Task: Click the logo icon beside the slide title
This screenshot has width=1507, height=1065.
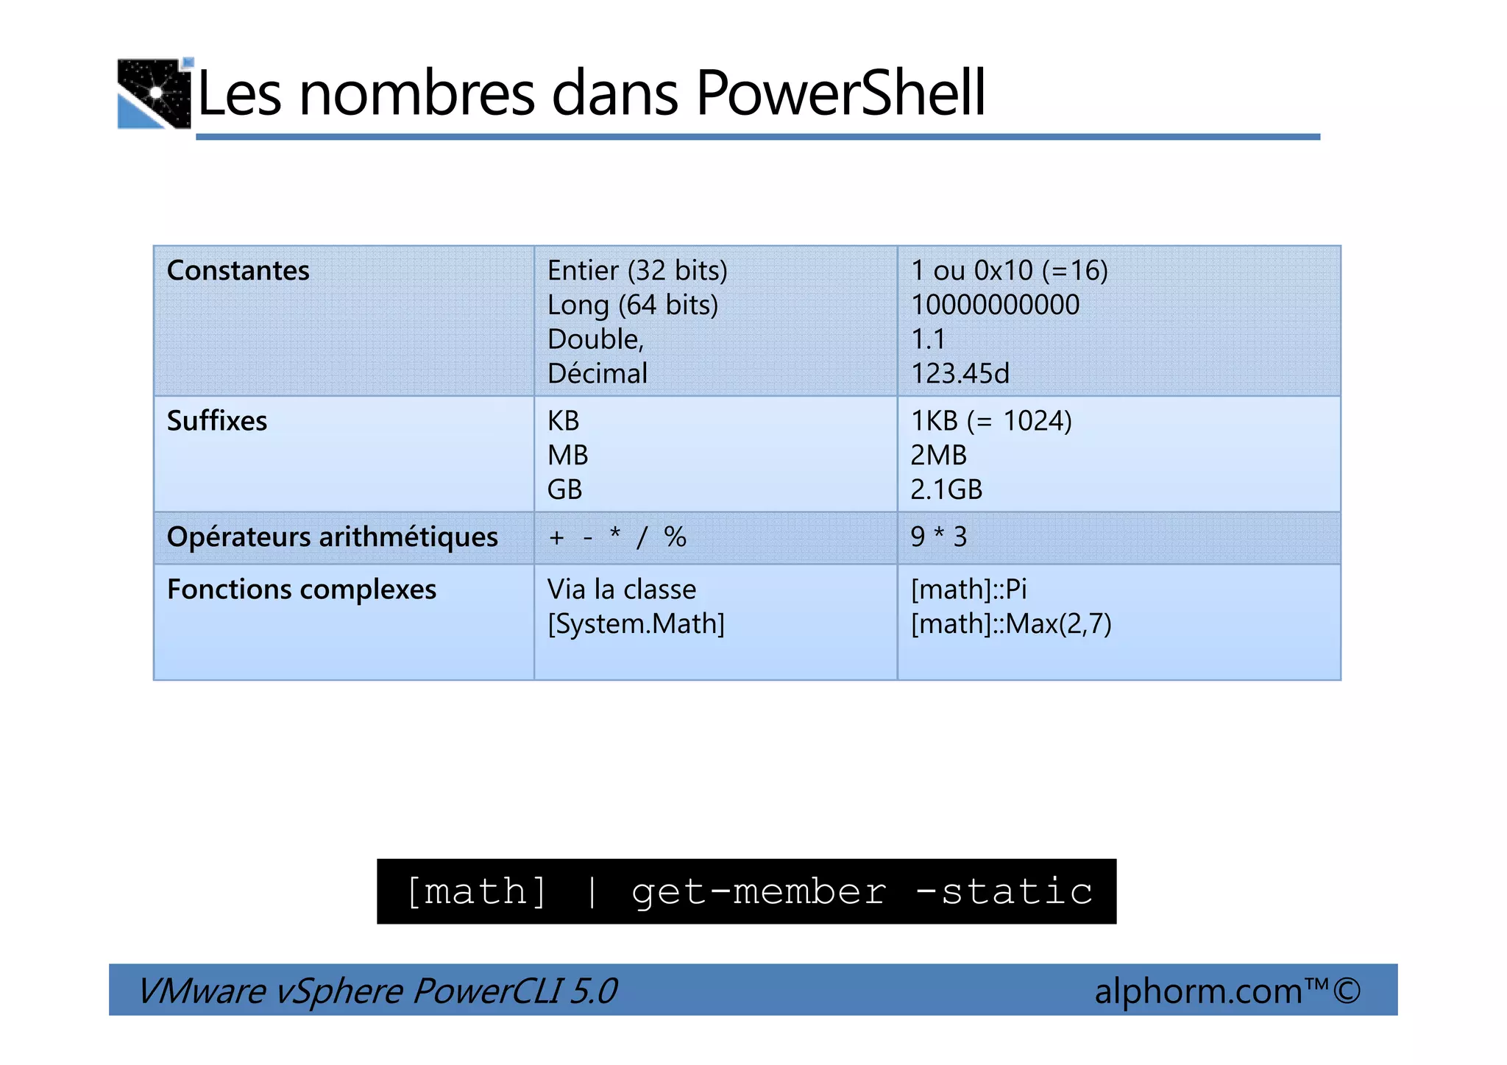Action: (x=155, y=93)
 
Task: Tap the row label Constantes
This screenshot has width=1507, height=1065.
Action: (x=238, y=271)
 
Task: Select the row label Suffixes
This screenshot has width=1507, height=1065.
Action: (x=217, y=421)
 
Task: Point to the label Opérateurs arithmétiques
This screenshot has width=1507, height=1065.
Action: (x=332, y=537)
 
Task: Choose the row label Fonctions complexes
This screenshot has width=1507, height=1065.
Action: (x=302, y=590)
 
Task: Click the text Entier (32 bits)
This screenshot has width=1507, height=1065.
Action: (x=637, y=271)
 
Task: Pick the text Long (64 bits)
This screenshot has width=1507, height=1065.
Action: (x=632, y=305)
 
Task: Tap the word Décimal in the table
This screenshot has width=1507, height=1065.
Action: (x=597, y=374)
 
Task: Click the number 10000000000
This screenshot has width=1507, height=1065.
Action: (x=995, y=305)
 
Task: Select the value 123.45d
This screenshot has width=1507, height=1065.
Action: (x=960, y=374)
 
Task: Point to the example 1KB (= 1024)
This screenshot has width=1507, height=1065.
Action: (x=990, y=421)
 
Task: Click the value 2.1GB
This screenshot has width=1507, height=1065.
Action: (x=946, y=490)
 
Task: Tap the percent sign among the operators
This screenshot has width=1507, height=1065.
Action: (x=675, y=537)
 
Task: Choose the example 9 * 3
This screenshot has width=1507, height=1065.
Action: (x=938, y=537)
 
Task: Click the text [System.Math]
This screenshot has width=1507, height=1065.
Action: (x=636, y=624)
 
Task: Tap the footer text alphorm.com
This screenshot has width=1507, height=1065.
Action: (x=1198, y=991)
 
